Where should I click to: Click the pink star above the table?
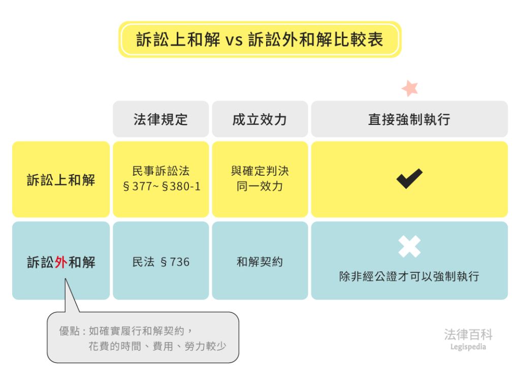[x=410, y=88]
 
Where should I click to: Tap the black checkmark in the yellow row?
[x=410, y=179]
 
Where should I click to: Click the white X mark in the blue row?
[x=410, y=246]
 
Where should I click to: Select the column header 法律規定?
[x=161, y=119]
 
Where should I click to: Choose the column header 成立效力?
[x=259, y=119]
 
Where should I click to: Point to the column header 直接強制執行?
[x=409, y=119]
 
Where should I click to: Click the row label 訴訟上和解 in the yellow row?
[x=61, y=180]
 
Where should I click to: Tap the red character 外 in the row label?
[x=61, y=263]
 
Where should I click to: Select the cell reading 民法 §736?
[x=161, y=262]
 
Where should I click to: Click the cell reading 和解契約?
[x=259, y=262]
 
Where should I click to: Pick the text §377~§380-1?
[x=162, y=186]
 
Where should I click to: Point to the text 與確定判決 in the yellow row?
[x=259, y=171]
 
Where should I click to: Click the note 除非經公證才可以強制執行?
[x=409, y=276]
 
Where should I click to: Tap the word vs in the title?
[x=234, y=40]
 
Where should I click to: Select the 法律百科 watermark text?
[x=468, y=334]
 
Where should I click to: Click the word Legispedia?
[x=468, y=347]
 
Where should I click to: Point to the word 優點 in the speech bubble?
[x=70, y=331]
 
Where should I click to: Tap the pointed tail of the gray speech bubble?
[x=66, y=279]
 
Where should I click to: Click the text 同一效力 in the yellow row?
[x=259, y=186]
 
